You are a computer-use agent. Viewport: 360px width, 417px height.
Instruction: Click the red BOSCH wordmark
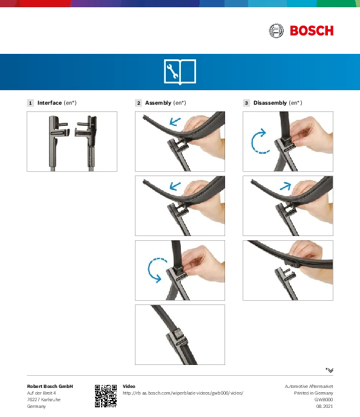(312, 31)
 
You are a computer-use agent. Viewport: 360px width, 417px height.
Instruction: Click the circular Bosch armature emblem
(277, 31)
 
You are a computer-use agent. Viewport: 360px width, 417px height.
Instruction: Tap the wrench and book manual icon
(180, 72)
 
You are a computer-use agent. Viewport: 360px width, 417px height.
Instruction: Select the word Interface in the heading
(50, 103)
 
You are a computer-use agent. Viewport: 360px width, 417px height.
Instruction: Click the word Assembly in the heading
(158, 103)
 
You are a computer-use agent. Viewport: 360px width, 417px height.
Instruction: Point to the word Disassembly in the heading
(270, 103)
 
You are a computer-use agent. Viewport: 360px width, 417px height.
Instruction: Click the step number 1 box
(30, 103)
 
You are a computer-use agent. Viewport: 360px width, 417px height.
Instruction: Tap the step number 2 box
(139, 103)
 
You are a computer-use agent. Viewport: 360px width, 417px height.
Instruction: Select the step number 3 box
(246, 103)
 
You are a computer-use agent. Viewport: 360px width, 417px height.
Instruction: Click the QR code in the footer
(106, 396)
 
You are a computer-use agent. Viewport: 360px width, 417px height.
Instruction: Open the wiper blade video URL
(183, 393)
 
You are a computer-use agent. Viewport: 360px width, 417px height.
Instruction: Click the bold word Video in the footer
(129, 386)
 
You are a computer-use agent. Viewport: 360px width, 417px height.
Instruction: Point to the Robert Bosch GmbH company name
(50, 386)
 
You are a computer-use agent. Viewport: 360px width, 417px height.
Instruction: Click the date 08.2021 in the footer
(324, 406)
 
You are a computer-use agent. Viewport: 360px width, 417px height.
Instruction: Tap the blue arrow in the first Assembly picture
(175, 122)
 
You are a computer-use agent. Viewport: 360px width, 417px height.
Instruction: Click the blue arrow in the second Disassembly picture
(286, 186)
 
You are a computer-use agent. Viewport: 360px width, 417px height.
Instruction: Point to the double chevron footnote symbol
(330, 370)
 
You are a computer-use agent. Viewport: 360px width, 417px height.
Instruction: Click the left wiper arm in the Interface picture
(54, 142)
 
